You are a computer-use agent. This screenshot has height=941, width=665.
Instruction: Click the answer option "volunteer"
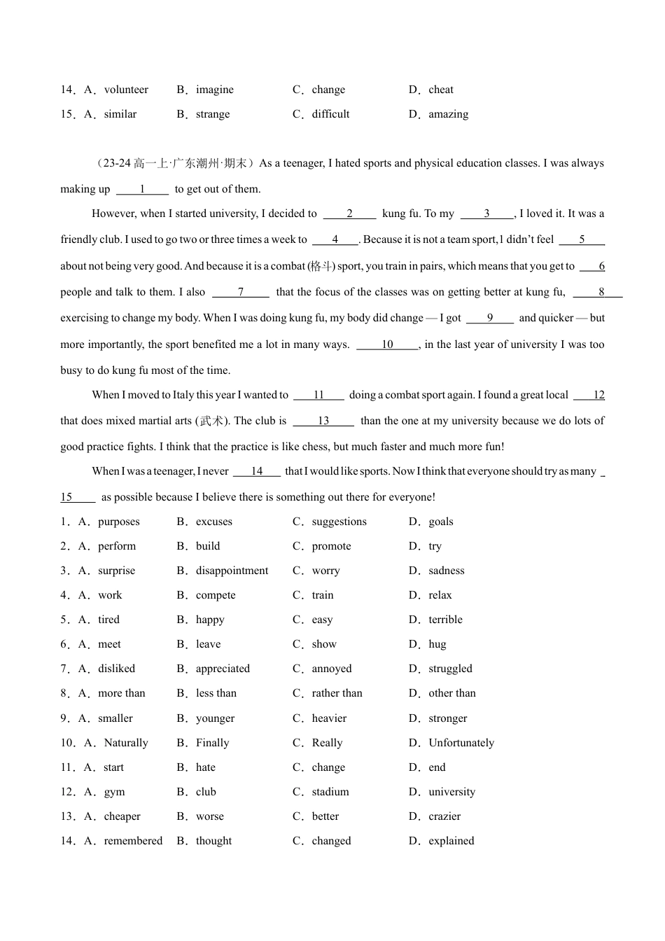(x=126, y=90)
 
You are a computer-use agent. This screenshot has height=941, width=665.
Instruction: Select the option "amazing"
(x=448, y=114)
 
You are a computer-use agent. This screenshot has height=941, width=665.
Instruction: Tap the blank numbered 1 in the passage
(x=142, y=189)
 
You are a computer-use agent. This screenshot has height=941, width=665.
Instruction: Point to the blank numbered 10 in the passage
(x=387, y=344)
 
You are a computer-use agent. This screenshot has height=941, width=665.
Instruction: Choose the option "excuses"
(x=213, y=522)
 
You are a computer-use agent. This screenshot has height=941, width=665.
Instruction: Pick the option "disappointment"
(x=232, y=571)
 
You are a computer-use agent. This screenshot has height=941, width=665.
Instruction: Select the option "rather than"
(x=337, y=693)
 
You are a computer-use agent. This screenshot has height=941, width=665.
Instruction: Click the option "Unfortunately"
(x=461, y=743)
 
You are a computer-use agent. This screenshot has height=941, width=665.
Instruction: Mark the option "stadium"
(x=330, y=792)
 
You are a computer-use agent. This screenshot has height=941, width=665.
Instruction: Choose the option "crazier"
(x=444, y=816)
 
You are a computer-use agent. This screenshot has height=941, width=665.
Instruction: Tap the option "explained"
(x=451, y=841)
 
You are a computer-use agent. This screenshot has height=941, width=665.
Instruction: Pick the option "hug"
(x=437, y=644)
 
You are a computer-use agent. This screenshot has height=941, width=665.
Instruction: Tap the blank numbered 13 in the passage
(x=323, y=421)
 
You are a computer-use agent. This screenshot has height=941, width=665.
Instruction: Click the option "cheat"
(x=440, y=90)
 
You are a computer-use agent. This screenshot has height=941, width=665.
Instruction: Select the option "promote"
(x=331, y=546)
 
